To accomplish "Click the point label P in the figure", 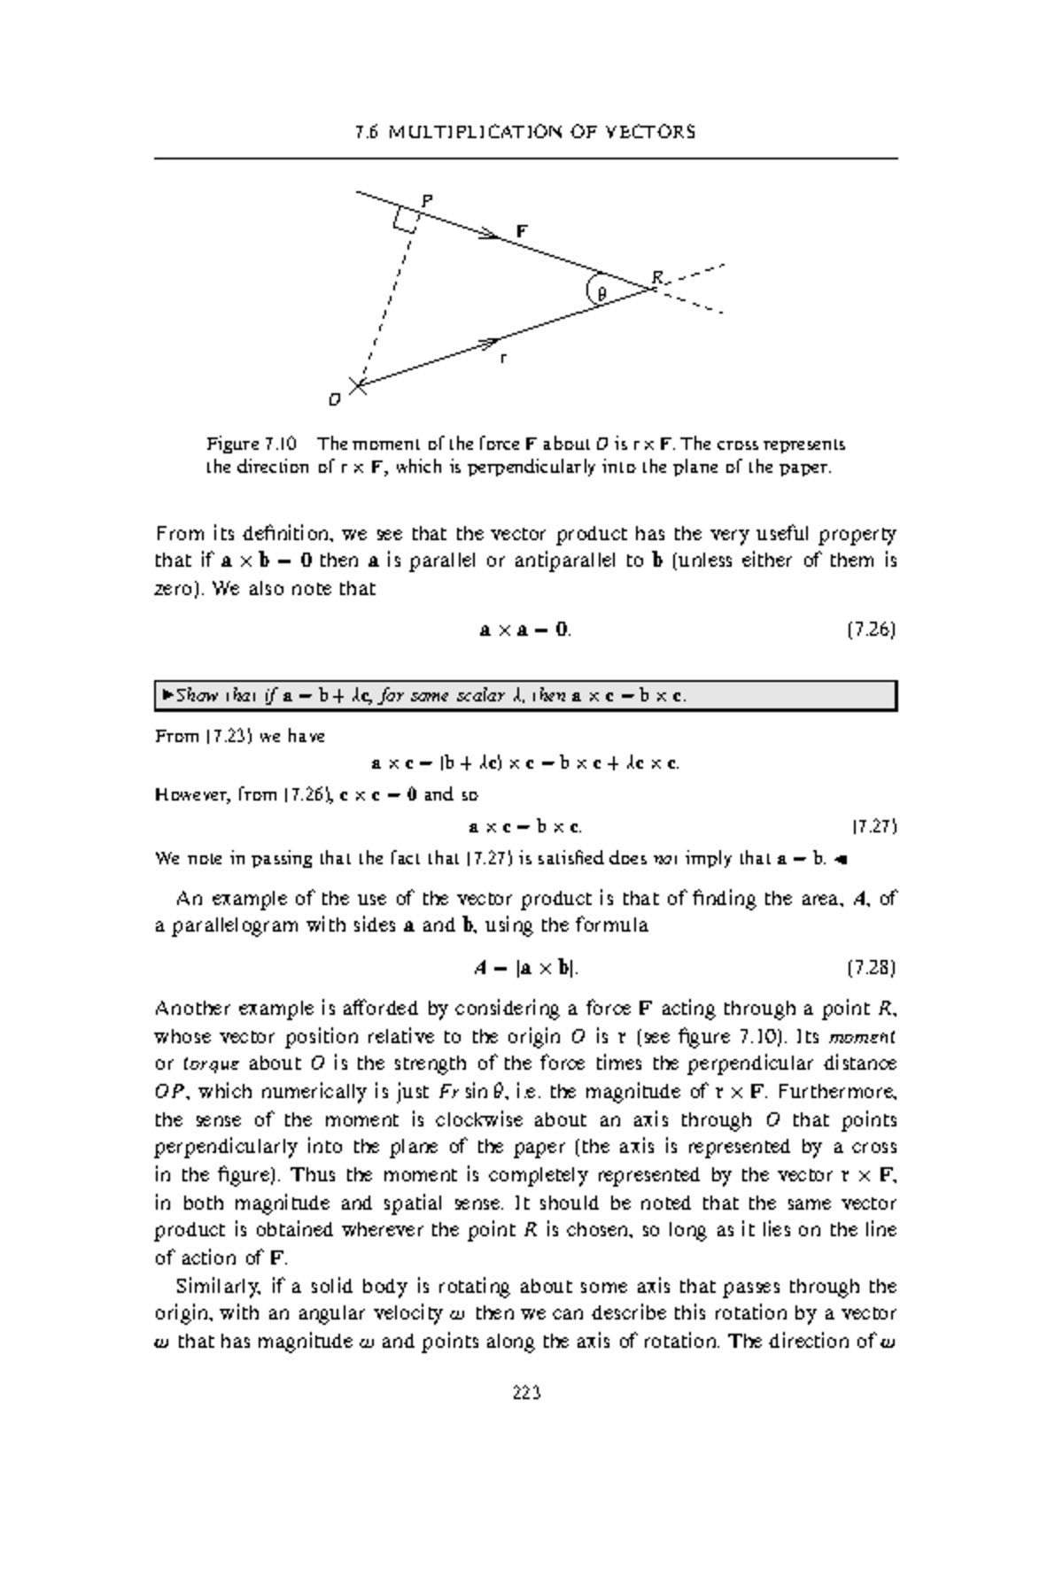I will click(427, 201).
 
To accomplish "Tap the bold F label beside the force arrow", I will click(523, 231).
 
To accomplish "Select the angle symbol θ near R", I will click(601, 293).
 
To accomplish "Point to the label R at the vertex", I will click(656, 277).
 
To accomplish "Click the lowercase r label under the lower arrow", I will click(503, 358).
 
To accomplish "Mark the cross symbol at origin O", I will click(358, 384).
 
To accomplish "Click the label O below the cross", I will click(334, 400).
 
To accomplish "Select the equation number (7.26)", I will click(872, 631).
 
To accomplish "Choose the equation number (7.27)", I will click(874, 827).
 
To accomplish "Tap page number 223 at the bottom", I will click(526, 1392).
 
